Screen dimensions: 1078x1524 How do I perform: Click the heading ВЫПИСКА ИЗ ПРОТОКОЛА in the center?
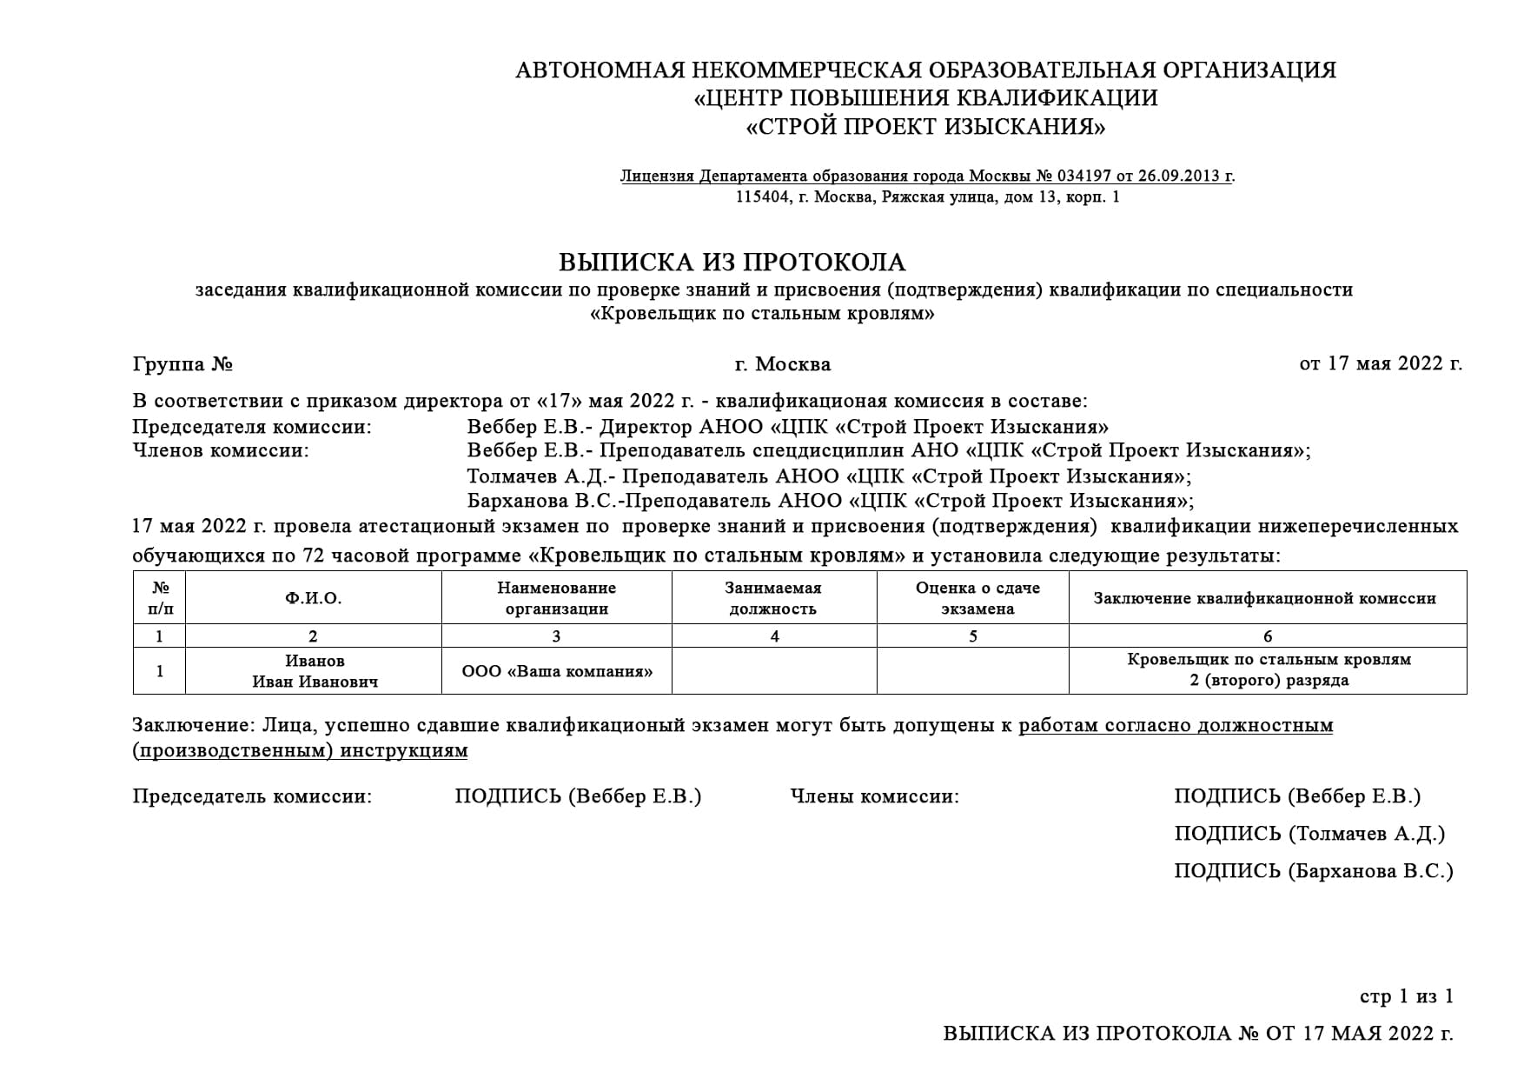[x=732, y=262]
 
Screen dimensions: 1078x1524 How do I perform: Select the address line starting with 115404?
[x=927, y=197]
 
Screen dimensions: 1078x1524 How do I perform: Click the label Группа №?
[x=182, y=363]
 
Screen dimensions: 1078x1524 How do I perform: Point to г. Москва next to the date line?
[x=782, y=363]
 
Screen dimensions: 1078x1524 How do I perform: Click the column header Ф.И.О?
[x=313, y=598]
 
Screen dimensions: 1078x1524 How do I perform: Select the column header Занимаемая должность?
[x=773, y=598]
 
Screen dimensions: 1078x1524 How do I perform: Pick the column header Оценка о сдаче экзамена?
[x=977, y=598]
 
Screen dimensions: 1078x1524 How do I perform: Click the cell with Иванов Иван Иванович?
[x=315, y=671]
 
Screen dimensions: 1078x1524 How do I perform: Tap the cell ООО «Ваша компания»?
[x=557, y=671]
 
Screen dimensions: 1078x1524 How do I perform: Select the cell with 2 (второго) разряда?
[x=1269, y=681]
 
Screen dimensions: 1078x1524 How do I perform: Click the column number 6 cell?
[x=1268, y=636]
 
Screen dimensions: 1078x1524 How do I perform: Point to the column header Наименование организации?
[x=556, y=598]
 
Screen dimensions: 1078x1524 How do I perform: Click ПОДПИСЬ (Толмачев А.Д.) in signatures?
[x=1309, y=834]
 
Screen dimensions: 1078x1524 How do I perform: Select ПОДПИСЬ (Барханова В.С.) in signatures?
[x=1313, y=871]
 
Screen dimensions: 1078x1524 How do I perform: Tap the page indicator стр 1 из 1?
[x=1406, y=996]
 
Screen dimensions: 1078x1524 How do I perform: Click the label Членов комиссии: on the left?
[x=221, y=450]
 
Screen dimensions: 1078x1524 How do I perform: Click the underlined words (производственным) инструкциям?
[x=300, y=750]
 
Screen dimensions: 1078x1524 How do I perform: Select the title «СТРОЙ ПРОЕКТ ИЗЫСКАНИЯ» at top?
[x=925, y=128]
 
